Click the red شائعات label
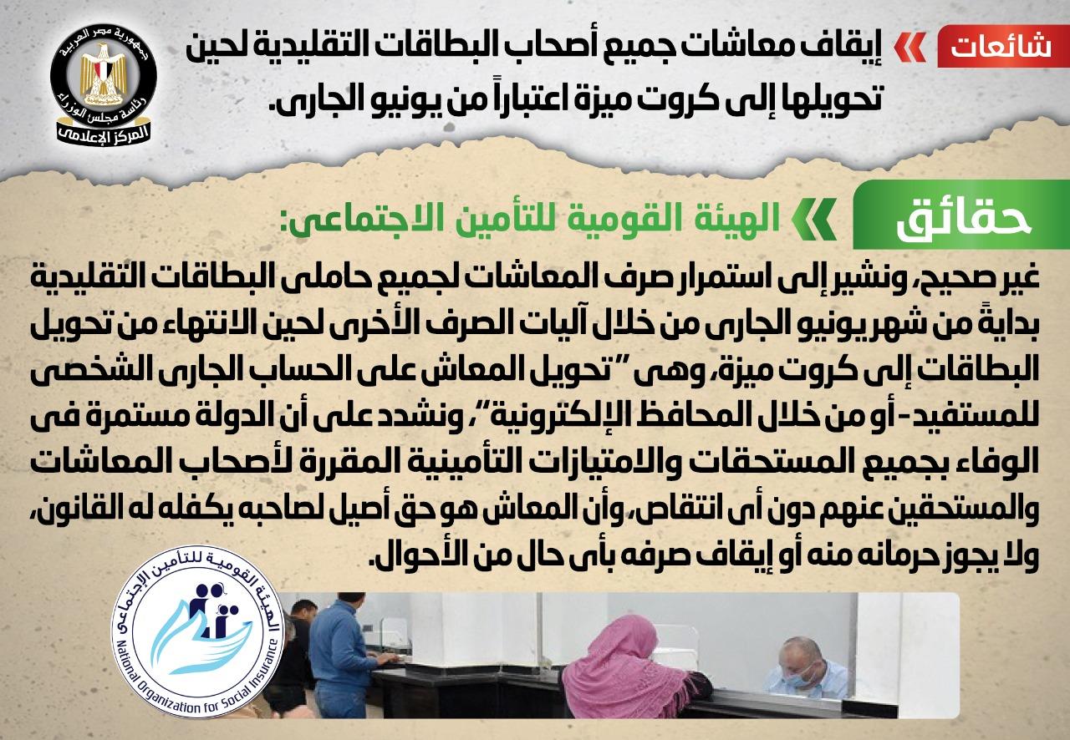click(x=1003, y=47)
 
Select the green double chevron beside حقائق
click(x=813, y=219)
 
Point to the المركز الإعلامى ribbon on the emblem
click(x=103, y=133)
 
